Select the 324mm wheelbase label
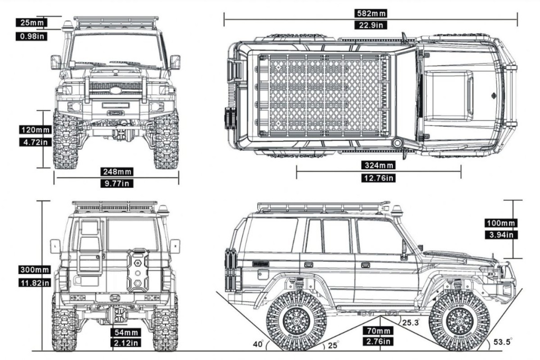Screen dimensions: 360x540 379,166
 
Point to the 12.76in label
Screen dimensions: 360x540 379,178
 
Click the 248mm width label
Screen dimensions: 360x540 117,172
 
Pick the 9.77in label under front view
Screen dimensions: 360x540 117,183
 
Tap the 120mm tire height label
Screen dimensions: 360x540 35,130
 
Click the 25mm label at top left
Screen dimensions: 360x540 31,23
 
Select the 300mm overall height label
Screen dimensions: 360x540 34,270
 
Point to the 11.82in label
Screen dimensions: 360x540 34,283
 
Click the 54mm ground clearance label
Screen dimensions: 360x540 126,333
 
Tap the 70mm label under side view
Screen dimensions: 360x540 377,331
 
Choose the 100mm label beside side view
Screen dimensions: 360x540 500,223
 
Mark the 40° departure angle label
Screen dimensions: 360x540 258,345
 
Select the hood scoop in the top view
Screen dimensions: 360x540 448,94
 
